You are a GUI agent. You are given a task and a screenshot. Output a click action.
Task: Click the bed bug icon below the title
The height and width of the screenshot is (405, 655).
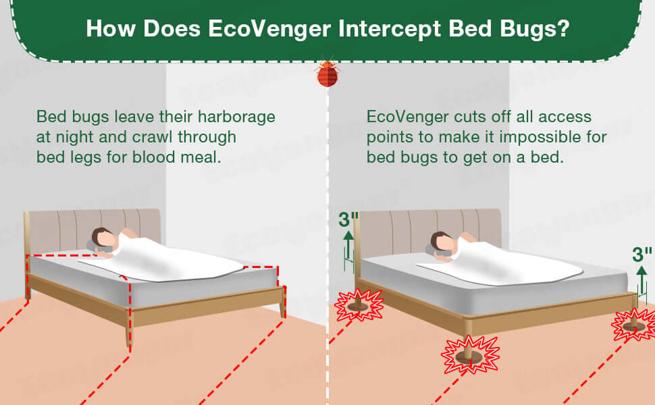click(x=327, y=74)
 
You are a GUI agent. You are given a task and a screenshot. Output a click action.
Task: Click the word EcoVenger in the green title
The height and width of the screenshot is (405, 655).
click(x=269, y=29)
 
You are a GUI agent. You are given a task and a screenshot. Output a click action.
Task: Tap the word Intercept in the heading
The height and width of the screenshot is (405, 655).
click(x=390, y=29)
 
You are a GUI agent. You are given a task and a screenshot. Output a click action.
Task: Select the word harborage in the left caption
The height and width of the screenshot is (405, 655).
click(x=236, y=117)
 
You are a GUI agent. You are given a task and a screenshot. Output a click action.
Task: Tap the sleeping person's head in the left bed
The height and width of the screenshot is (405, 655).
click(x=103, y=238)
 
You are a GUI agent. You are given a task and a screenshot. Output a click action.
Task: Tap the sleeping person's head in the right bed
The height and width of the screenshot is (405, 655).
click(x=442, y=242)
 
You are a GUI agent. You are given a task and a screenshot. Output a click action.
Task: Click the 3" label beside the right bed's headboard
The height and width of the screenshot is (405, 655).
click(x=348, y=219)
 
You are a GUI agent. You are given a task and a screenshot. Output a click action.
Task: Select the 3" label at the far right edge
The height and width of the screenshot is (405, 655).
click(x=642, y=254)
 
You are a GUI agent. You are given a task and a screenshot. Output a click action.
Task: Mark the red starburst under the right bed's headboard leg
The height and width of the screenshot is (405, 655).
click(x=359, y=305)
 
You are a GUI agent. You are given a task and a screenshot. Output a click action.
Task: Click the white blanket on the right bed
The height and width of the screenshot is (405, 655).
click(x=501, y=263)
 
